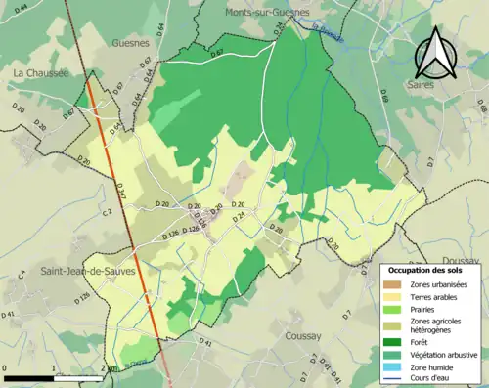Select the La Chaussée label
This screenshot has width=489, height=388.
(x=39, y=72)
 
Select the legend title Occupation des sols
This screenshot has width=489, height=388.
(x=423, y=269)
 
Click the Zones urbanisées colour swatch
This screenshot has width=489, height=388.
(x=396, y=284)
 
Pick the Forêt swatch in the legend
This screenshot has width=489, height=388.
(x=396, y=341)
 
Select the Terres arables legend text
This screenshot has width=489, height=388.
(x=437, y=296)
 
